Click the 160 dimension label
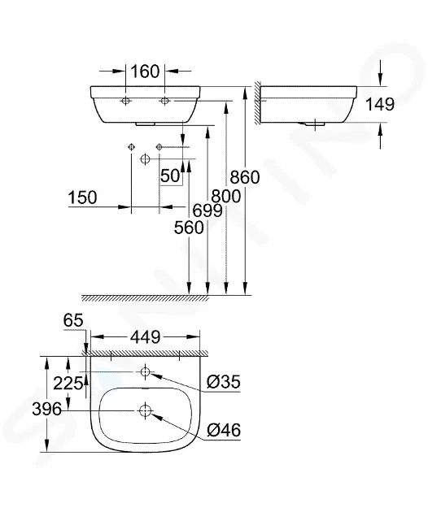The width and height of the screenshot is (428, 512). point(145,72)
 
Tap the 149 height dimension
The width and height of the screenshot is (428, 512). point(380,105)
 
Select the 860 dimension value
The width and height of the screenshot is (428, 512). point(245,177)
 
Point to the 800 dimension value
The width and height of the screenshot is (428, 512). point(226,197)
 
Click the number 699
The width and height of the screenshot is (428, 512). point(207,210)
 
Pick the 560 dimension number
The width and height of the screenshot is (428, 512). point(189,228)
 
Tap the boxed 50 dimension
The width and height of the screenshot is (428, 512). point(170,176)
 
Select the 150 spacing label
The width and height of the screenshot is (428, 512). point(82,197)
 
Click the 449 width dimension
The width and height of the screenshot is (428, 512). point(146,337)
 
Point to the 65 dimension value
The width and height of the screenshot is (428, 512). point(73,320)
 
